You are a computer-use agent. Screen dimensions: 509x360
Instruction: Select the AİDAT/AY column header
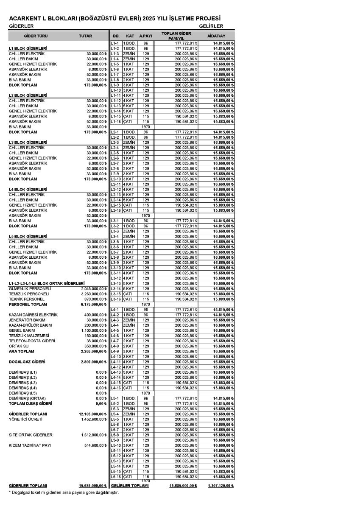(216, 36)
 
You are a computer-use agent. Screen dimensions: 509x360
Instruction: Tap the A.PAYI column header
(145, 36)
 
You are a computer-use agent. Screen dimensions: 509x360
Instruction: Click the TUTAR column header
(85, 36)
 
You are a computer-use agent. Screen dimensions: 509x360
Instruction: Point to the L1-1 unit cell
(115, 43)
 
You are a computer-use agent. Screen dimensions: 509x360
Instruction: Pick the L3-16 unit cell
(116, 299)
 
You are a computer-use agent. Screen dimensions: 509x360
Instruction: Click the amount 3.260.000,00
(93, 294)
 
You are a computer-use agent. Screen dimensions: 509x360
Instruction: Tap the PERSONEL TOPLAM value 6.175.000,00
(93, 304)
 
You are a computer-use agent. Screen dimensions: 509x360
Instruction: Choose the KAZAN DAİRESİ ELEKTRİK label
(34, 315)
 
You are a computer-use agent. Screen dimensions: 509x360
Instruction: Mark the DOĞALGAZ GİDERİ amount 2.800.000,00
(93, 362)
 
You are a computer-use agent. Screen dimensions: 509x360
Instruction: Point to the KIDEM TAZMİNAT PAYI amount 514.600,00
(94, 445)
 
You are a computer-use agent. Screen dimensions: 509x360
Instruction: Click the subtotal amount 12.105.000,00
(92, 414)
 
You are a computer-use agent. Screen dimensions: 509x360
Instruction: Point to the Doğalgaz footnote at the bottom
(64, 492)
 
